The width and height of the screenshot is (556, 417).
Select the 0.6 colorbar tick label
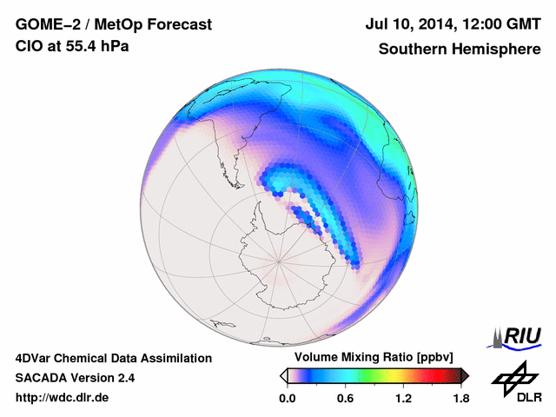[x=345, y=399]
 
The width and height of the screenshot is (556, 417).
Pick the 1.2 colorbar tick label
[x=403, y=399]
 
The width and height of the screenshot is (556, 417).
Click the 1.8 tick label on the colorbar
[x=460, y=399]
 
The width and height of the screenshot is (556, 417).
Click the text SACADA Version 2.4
[x=75, y=378]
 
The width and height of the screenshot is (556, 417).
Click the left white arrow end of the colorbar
[x=283, y=376]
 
